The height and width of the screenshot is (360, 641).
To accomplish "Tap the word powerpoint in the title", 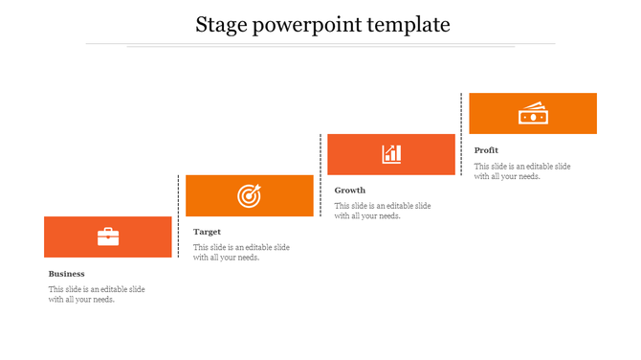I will pyautogui.click(x=304, y=26).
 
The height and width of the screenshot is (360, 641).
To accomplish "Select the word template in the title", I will pyautogui.click(x=409, y=25).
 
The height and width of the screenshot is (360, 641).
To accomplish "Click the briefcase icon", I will pyautogui.click(x=108, y=236).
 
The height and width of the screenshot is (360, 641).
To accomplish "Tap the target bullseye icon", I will pyautogui.click(x=249, y=196).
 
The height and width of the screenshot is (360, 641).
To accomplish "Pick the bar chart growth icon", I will pyautogui.click(x=391, y=154).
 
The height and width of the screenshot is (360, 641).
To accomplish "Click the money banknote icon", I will pyautogui.click(x=532, y=113).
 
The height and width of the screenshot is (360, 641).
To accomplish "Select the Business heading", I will pyautogui.click(x=67, y=274).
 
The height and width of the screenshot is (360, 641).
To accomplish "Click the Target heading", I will pyautogui.click(x=207, y=232).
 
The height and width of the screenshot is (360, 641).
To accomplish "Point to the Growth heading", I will pyautogui.click(x=350, y=191).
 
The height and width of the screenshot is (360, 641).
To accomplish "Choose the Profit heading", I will pyautogui.click(x=486, y=150).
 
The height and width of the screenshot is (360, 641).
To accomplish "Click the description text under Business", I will pyautogui.click(x=97, y=294).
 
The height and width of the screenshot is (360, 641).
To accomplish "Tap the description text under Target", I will pyautogui.click(x=241, y=252).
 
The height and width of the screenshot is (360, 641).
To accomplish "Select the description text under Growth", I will pyautogui.click(x=383, y=211).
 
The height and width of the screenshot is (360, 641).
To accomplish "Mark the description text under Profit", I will pyautogui.click(x=522, y=170).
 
